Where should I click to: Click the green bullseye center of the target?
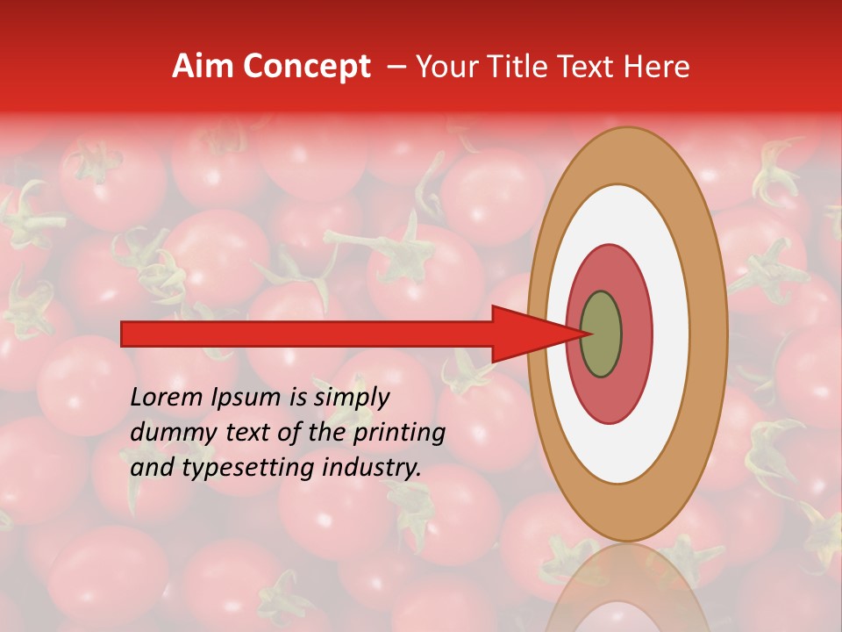pyautogui.click(x=601, y=334)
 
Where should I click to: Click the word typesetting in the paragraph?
pyautogui.click(x=247, y=469)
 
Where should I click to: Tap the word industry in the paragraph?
pyautogui.click(x=371, y=469)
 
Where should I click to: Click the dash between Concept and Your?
pyautogui.click(x=396, y=67)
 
